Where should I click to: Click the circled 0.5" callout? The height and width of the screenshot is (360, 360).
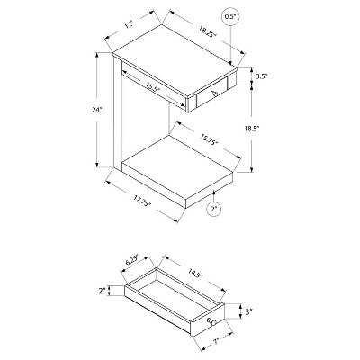tap(230, 17)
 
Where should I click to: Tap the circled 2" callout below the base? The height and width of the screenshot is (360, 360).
tap(214, 209)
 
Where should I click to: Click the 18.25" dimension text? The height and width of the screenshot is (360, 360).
tap(207, 31)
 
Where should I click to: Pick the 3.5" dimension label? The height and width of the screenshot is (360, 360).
tap(262, 76)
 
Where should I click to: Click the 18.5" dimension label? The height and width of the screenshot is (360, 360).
tap(251, 129)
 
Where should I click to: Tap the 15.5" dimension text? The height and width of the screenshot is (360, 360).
tap(153, 87)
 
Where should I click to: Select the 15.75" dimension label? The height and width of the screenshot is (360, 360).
tap(209, 140)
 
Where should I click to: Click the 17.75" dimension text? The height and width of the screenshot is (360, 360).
tap(142, 201)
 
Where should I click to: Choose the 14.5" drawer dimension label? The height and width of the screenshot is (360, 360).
tap(195, 275)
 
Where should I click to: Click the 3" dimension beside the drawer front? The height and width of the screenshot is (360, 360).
tap(247, 312)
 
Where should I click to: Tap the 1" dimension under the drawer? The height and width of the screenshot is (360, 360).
tap(215, 341)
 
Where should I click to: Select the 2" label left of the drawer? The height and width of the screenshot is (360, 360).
tap(103, 291)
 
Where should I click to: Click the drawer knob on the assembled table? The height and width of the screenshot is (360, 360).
tap(214, 94)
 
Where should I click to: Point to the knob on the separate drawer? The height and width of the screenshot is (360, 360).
tap(211, 322)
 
